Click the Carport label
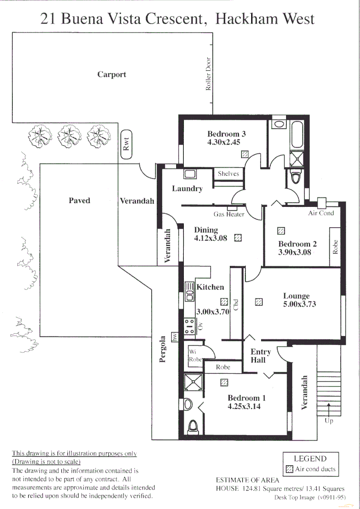(112, 74)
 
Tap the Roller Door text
(208, 74)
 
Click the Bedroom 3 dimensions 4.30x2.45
(226, 142)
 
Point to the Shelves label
(229, 174)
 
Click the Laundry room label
(187, 189)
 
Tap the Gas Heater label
(229, 214)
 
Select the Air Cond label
(320, 213)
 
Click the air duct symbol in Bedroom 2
(281, 231)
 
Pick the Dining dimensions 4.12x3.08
(211, 238)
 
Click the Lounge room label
(296, 296)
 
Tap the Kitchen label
(211, 287)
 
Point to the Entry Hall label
(261, 356)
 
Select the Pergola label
(162, 349)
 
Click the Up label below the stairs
(328, 421)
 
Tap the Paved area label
(79, 201)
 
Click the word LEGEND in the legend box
(310, 459)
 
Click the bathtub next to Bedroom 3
(297, 134)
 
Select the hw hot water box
(175, 337)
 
